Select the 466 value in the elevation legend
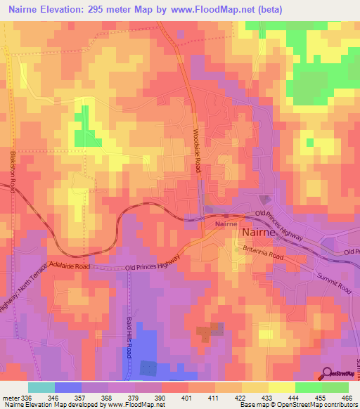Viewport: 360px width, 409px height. point(346,397)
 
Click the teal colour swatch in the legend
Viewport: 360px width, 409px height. point(41,387)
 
